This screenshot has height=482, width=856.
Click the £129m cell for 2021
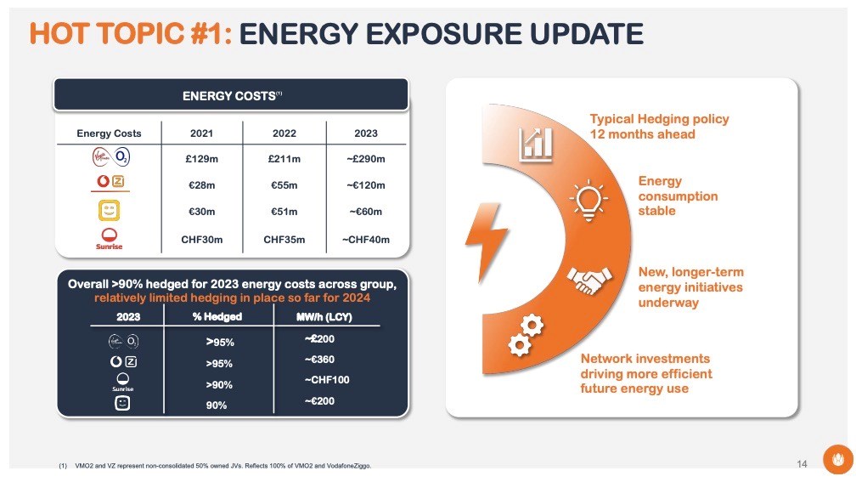202,159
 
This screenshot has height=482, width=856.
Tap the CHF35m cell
284,240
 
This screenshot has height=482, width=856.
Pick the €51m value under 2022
284,213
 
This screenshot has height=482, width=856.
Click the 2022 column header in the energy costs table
284,133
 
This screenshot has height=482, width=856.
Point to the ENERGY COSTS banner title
231,96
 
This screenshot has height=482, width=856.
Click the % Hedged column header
217,317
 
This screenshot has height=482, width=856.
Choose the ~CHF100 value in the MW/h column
327,379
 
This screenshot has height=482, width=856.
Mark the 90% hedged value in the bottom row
217,405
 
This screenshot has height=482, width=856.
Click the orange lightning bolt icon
487,235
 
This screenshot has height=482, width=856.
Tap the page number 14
802,463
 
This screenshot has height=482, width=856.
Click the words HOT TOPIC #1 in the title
130,34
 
